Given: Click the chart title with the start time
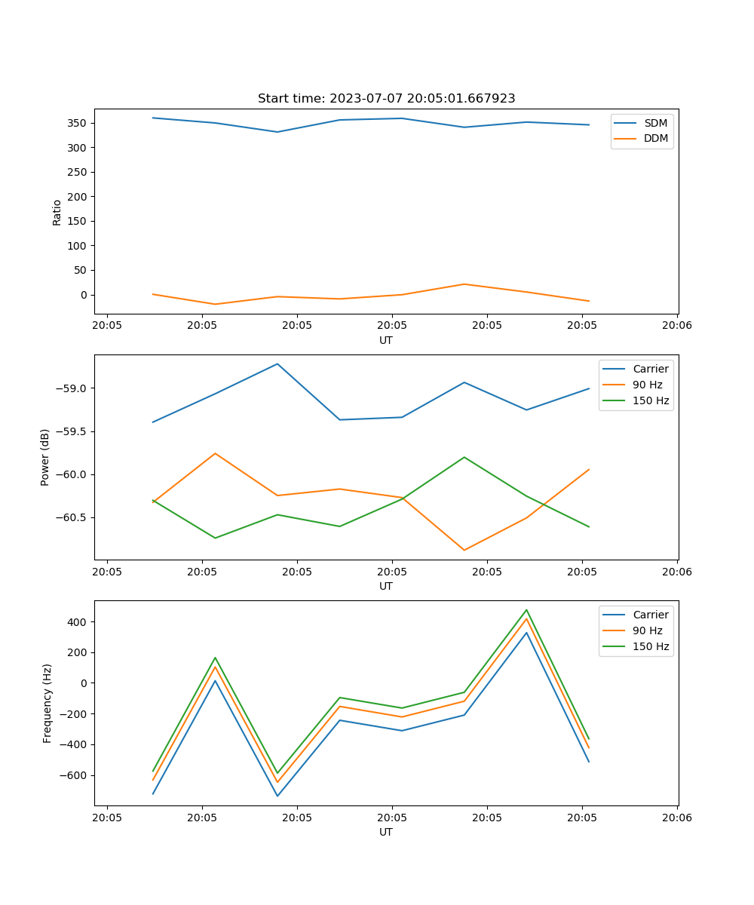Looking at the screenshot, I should tap(386, 99).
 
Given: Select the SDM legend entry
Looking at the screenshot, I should tap(655, 123).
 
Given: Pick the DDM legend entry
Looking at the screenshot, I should tap(655, 138).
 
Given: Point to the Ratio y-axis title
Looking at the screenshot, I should tap(57, 213).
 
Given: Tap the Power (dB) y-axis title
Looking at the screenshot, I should tap(45, 457).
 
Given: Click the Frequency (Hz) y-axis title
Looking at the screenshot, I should tap(48, 703).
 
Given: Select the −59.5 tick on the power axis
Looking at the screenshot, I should tap(71, 431).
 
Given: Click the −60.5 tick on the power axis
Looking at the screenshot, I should tap(71, 517).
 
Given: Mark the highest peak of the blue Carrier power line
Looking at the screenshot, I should tap(277, 364).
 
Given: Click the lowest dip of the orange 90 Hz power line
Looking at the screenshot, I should tap(464, 550).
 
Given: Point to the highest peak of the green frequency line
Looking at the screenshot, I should tap(526, 610).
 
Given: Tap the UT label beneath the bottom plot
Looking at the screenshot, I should tap(386, 832).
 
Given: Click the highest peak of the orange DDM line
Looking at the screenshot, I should tap(464, 284).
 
